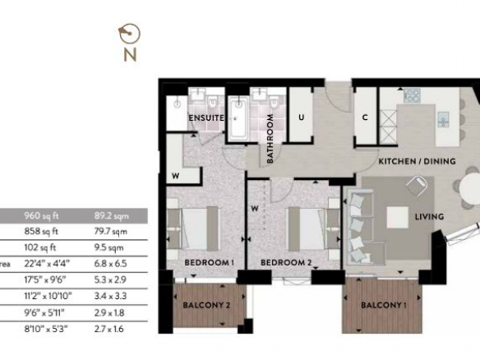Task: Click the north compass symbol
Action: (129, 34)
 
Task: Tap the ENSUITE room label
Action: (206, 118)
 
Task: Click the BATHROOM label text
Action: (270, 139)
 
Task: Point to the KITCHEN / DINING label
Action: (417, 161)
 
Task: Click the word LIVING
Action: (429, 217)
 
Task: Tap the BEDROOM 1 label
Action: (210, 263)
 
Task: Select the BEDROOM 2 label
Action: (286, 263)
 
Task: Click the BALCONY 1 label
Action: (384, 305)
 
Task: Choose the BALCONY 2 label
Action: (206, 305)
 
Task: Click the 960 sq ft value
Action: (41, 216)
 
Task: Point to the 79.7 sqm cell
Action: (110, 232)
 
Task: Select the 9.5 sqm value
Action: (109, 247)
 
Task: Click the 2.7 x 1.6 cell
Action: (109, 329)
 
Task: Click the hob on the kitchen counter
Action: (412, 95)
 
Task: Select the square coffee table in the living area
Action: (397, 217)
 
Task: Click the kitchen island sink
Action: (443, 119)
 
